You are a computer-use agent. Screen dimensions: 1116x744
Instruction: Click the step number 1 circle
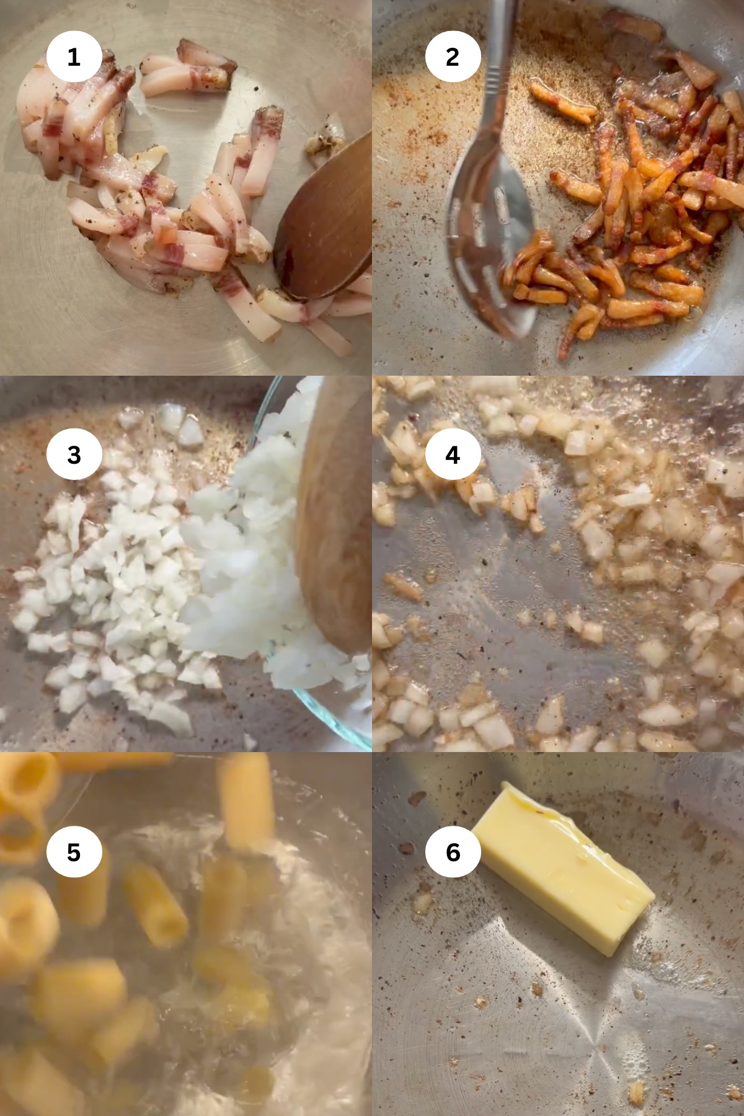click(74, 57)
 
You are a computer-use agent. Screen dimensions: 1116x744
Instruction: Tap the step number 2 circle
click(453, 57)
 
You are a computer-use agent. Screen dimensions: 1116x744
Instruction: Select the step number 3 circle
click(74, 454)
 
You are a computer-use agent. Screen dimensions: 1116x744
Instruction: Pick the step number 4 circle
click(453, 454)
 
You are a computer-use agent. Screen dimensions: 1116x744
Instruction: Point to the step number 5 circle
click(74, 852)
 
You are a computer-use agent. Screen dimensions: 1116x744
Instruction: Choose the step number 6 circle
click(453, 852)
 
